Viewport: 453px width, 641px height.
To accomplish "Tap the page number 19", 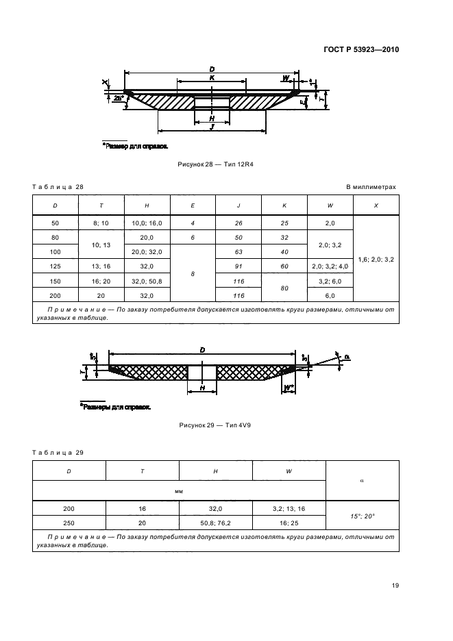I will click(x=395, y=585).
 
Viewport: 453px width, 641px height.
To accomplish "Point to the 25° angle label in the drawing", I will click(x=118, y=99).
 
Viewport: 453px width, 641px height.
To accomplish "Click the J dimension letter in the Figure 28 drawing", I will click(x=212, y=127).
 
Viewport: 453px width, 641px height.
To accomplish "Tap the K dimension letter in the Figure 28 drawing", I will click(x=212, y=78).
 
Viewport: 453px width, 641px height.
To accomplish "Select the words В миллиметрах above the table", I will click(x=371, y=186).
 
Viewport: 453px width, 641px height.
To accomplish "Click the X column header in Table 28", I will click(x=376, y=205).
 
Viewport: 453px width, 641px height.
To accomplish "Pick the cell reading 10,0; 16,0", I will click(x=147, y=223).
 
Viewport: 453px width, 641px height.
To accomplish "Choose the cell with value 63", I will click(x=238, y=251).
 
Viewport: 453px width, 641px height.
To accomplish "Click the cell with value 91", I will click(x=238, y=266).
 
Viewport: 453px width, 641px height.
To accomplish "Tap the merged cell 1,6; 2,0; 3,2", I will click(x=376, y=260).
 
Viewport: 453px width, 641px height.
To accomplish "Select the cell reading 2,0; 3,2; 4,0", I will click(x=330, y=266).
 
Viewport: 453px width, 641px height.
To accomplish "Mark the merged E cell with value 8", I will click(x=193, y=273).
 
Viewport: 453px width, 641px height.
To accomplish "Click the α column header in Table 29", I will click(x=361, y=481).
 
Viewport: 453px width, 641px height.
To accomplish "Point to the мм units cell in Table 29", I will click(x=179, y=491).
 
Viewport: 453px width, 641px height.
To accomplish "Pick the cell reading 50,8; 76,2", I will click(x=215, y=522).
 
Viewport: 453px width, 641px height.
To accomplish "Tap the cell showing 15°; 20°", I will click(x=361, y=515).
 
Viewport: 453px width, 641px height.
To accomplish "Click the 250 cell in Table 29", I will click(x=69, y=522).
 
